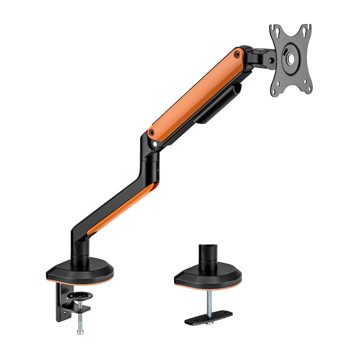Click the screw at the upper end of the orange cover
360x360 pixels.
237,54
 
